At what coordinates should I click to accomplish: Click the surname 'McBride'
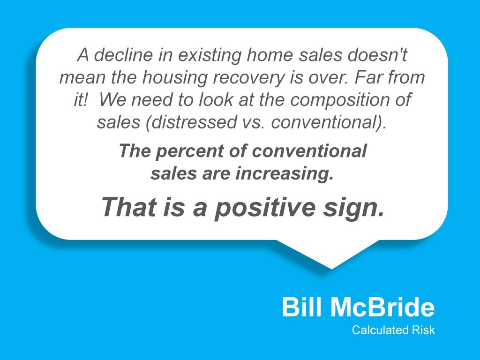[382, 307]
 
